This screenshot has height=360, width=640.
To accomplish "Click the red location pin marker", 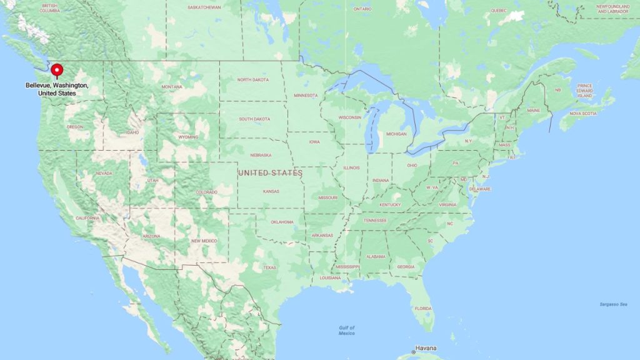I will click(x=57, y=71).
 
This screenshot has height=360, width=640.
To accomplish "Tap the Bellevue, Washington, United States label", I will click(x=57, y=89).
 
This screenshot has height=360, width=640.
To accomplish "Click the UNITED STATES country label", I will click(x=270, y=172).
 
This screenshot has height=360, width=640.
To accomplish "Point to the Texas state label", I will click(x=269, y=267).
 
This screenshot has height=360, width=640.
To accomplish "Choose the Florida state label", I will click(x=423, y=308).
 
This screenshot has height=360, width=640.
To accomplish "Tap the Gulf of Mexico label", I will click(x=346, y=331).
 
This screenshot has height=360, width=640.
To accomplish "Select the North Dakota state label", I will click(x=252, y=80).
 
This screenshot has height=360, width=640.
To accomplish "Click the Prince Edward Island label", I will click(x=585, y=91).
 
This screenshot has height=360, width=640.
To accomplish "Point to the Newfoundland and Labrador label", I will click(x=612, y=9).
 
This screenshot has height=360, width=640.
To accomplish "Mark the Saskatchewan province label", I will click(x=204, y=7).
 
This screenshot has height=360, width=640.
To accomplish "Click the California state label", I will click(x=87, y=218).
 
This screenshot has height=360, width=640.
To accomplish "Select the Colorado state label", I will click(x=207, y=192).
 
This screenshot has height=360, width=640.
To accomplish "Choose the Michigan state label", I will click(x=396, y=134).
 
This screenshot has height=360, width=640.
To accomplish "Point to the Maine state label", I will click(x=533, y=111).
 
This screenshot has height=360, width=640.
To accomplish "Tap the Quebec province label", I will click(x=498, y=11).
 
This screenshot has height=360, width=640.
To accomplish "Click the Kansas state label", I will click(x=271, y=191).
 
